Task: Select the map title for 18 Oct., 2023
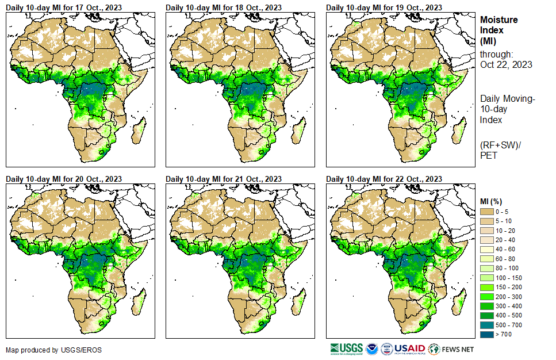click(x=224, y=7)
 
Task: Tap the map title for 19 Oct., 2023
click(x=385, y=7)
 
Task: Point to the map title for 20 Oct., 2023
click(x=64, y=179)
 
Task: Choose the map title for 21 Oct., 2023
click(x=224, y=179)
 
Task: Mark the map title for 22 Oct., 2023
click(x=385, y=179)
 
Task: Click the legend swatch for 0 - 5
click(x=486, y=212)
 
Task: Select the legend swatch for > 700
click(x=486, y=334)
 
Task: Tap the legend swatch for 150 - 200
click(x=486, y=286)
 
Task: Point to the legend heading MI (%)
click(x=493, y=201)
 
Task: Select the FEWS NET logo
click(x=452, y=349)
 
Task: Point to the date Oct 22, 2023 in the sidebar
click(x=506, y=64)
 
